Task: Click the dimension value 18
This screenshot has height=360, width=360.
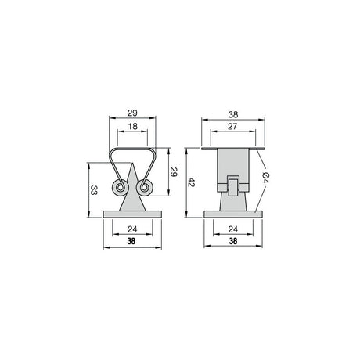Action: tap(132, 127)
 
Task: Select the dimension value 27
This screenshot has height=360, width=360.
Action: tap(232, 126)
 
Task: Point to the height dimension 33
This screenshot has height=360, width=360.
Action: tap(94, 190)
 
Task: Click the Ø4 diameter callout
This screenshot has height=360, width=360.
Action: tap(265, 178)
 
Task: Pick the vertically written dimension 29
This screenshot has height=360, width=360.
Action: tap(174, 172)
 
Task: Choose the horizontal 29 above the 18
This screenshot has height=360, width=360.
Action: tap(132, 113)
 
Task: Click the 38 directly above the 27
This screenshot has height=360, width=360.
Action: tap(233, 114)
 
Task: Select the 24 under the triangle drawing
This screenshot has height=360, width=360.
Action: tap(132, 229)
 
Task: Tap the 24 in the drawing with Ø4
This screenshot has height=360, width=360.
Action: tap(233, 229)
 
